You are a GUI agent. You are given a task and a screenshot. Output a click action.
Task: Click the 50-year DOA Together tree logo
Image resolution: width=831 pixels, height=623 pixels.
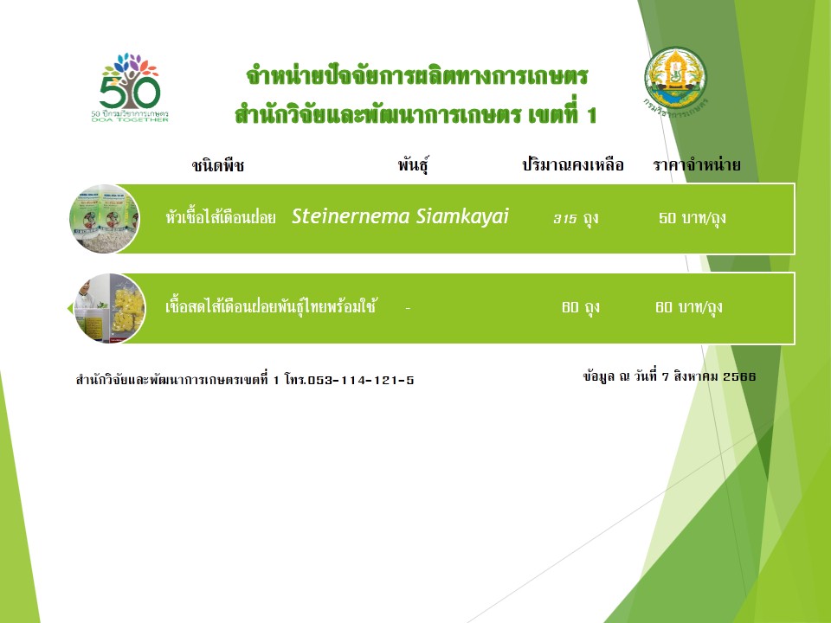(x=130, y=87)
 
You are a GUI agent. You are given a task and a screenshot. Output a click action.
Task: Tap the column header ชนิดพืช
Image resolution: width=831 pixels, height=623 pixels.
(x=218, y=165)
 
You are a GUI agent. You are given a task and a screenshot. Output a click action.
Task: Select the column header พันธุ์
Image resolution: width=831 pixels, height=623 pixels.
(x=414, y=164)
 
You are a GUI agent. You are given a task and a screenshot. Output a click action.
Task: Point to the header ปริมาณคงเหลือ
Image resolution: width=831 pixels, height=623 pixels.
(x=573, y=164)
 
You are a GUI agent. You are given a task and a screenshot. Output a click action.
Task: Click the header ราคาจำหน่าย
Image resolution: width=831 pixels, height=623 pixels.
(x=696, y=164)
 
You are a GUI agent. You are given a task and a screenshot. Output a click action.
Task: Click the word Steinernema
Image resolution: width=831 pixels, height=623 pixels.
(x=351, y=216)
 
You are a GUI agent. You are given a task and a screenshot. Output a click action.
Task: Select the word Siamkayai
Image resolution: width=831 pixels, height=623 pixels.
(x=462, y=216)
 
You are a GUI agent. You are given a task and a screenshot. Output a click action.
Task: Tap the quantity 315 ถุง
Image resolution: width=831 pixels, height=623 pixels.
(x=577, y=218)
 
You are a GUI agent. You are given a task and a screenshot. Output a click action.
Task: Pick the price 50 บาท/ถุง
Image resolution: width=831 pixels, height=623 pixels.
(x=692, y=218)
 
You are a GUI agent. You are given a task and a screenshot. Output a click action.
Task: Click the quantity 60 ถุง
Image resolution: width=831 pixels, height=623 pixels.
(x=581, y=307)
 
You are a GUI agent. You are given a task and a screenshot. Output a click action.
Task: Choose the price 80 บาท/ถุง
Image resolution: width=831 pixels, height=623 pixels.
(x=689, y=307)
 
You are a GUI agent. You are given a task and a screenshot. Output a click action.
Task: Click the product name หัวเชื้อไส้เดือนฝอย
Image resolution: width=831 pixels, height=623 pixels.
(x=221, y=217)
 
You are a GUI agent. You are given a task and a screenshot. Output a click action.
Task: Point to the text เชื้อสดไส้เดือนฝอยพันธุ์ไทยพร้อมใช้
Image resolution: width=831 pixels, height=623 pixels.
(x=271, y=306)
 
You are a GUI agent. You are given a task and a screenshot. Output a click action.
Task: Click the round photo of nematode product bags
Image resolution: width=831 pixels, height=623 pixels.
(x=105, y=218)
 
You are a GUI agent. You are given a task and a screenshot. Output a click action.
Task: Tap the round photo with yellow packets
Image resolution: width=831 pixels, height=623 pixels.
(x=110, y=308)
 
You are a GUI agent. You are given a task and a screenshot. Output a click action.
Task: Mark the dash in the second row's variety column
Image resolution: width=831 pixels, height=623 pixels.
(x=408, y=308)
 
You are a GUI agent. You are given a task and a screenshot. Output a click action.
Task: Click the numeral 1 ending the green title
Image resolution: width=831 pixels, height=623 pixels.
(x=591, y=115)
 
